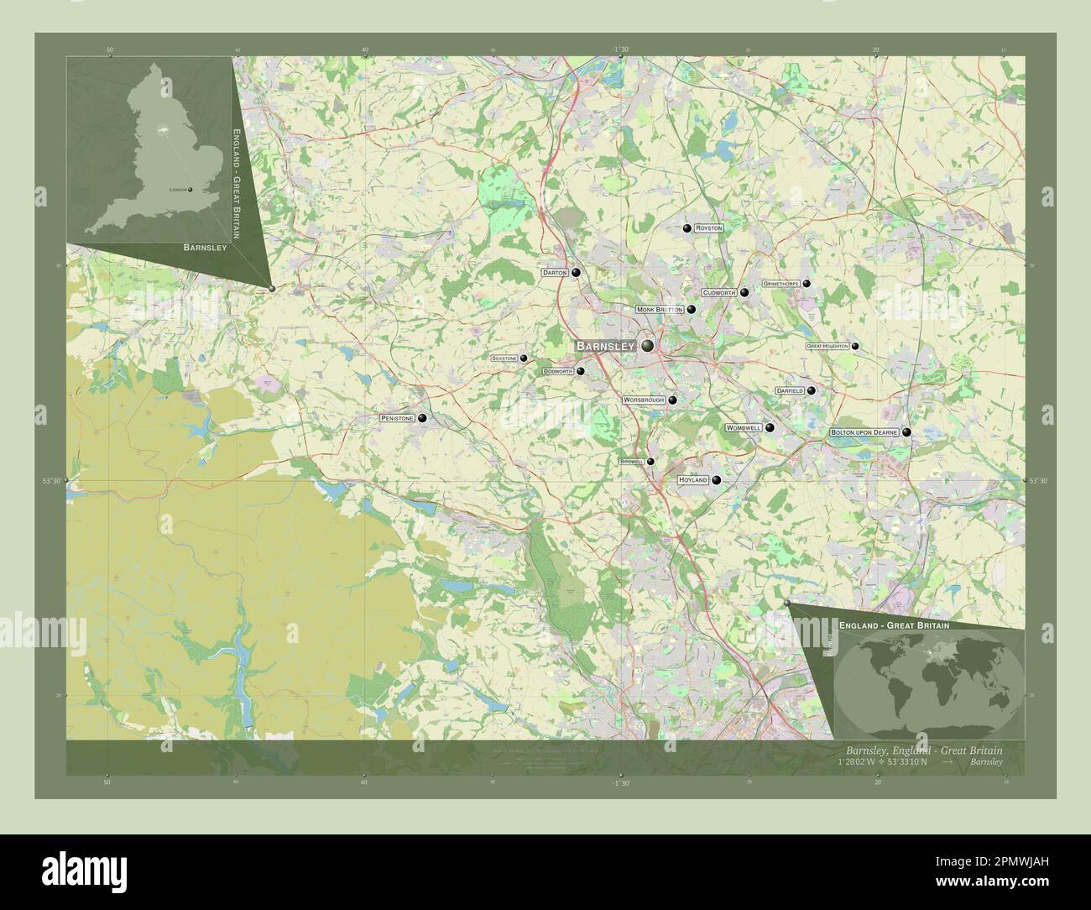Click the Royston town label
[x=708, y=228]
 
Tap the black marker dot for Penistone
[x=422, y=417]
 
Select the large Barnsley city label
[x=605, y=346]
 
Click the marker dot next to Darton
[x=577, y=273]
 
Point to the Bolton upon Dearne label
[x=864, y=432]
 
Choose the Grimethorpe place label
[x=780, y=285]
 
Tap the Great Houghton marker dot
[x=855, y=346]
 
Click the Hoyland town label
[x=693, y=480]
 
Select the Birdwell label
[x=631, y=462]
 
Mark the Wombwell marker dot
[x=770, y=427]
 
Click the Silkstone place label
[x=504, y=358]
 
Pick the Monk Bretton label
[x=660, y=310]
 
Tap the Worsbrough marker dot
[x=672, y=400]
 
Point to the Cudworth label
[x=719, y=293]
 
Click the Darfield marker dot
[x=811, y=390]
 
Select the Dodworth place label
[x=557, y=371]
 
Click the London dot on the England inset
[x=191, y=190]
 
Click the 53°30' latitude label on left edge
[x=52, y=481]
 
